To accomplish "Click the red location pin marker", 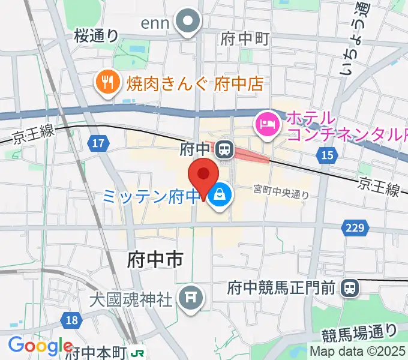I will [203, 175].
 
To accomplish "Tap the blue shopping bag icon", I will [220, 194].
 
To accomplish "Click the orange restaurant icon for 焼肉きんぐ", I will [108, 83].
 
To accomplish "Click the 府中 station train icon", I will [224, 148].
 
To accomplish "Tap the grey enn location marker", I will [188, 22].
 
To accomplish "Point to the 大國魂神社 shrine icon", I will [191, 296].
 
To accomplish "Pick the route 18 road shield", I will [71, 320].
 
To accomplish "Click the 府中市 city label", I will [155, 259].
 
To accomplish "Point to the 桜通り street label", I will [97, 36].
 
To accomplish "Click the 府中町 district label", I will [244, 39].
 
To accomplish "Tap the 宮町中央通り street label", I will [281, 193].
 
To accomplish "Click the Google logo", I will [40, 346].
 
